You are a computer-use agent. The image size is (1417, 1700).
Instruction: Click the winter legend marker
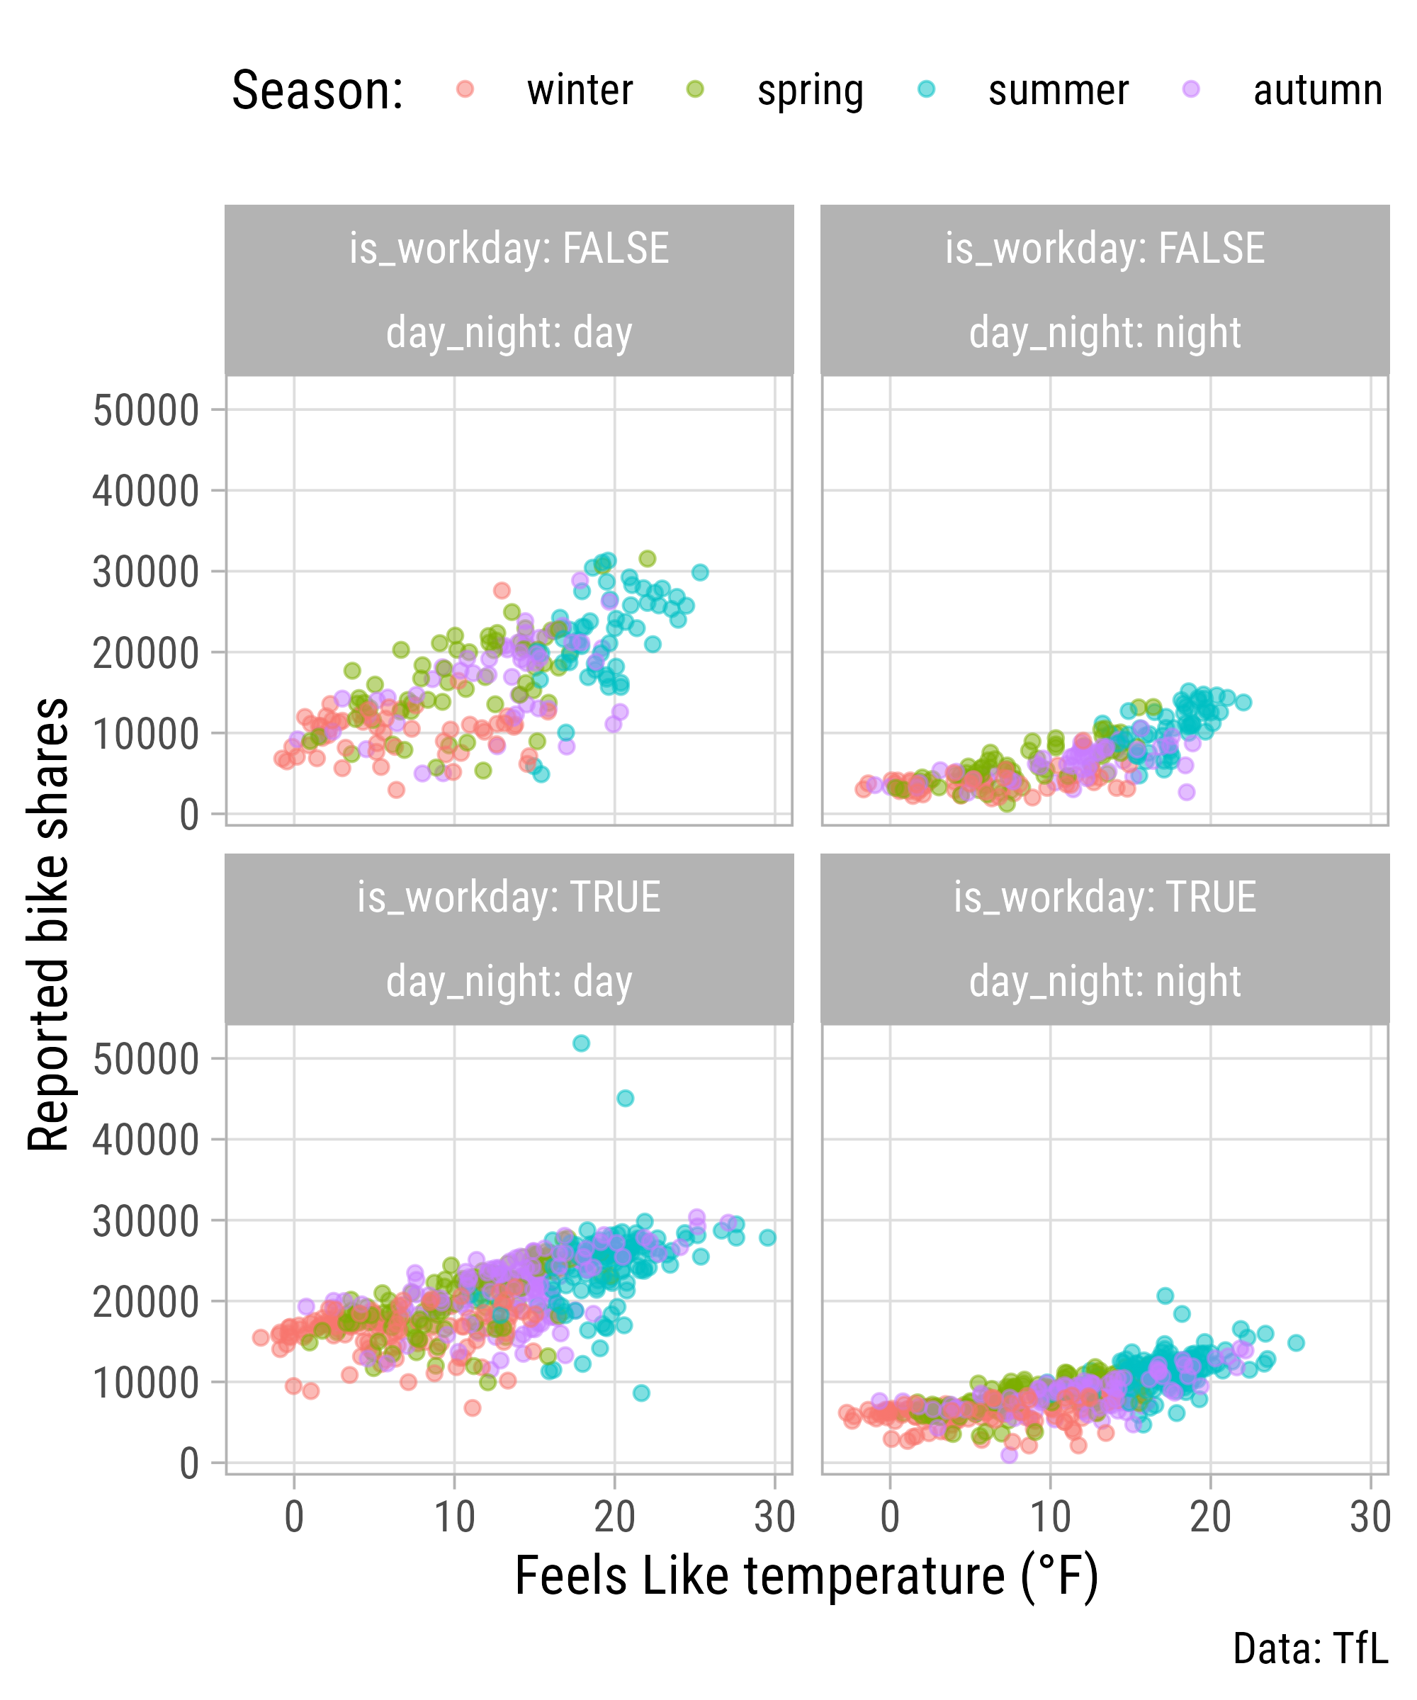465,89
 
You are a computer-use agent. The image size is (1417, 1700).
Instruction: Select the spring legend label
810,91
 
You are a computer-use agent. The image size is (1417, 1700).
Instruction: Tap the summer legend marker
926,89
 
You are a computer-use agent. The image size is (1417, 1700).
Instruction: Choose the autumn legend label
1317,91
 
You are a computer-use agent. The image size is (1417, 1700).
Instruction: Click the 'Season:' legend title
317,91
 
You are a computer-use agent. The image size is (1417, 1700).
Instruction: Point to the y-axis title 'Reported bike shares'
49,924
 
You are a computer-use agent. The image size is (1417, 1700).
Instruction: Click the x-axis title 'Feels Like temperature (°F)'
806,1576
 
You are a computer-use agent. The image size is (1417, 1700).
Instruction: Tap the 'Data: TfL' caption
1310,1649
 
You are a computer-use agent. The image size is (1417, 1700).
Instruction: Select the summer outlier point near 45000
625,1099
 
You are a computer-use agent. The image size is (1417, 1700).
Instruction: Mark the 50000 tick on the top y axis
146,410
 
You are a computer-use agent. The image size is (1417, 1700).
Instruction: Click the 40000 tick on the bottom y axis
146,1140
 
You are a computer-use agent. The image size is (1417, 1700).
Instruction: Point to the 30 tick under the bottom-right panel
1370,1517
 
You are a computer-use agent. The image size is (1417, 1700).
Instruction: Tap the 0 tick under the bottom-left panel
294,1517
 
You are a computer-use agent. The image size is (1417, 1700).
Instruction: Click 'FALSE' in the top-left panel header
616,249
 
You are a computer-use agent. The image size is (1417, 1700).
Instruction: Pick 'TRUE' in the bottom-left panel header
616,897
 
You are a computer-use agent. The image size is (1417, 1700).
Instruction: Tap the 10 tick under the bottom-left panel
454,1517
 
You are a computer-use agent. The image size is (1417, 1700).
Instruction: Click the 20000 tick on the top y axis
146,653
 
